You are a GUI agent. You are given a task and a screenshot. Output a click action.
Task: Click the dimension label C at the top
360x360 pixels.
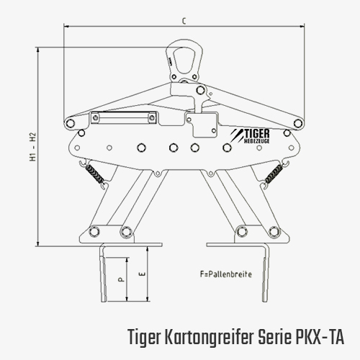tap(184, 22)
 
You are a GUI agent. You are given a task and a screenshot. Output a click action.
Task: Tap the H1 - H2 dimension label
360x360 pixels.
tap(33, 146)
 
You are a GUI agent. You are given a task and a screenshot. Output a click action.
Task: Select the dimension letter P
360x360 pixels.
tap(121, 279)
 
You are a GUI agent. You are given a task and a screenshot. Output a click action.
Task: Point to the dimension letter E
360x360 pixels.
tap(142, 274)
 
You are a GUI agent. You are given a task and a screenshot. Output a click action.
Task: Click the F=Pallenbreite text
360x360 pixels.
tap(226, 274)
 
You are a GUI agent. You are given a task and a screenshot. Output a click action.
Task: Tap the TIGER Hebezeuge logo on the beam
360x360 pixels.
tap(250, 136)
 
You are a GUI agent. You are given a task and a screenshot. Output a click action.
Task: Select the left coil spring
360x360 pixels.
tap(95, 174)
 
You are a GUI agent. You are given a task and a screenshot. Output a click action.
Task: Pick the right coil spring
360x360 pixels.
tap(274, 174)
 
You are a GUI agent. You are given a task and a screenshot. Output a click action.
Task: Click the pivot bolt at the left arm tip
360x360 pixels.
tap(70, 123)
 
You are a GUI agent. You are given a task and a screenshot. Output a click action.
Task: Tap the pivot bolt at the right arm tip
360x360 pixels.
tap(298, 123)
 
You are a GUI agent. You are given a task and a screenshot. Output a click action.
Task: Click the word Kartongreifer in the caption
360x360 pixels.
tap(208, 337)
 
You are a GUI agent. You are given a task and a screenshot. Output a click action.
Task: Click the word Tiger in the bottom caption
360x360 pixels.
tap(143, 337)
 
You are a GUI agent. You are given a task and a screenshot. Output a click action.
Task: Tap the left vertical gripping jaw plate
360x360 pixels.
tap(104, 274)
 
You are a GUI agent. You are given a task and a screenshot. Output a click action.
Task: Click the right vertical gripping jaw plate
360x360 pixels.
tap(265, 274)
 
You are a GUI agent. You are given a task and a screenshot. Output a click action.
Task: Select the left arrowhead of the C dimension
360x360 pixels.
tap(67, 26)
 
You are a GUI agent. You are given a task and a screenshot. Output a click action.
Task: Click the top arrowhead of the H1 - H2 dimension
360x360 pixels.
tap(37, 50)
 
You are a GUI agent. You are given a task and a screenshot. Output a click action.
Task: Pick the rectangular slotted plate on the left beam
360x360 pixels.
tap(124, 117)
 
